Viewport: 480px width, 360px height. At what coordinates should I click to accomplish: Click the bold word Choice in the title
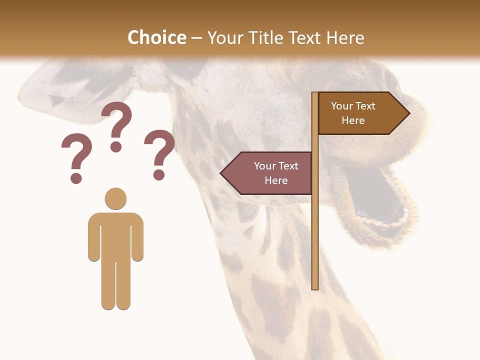point(156,37)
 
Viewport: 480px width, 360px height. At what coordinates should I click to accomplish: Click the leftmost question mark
point(76,157)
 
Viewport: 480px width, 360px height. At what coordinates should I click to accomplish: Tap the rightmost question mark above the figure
point(159,153)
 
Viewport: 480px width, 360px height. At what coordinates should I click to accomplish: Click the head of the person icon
point(115,198)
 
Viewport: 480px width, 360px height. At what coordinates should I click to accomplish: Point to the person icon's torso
point(115,235)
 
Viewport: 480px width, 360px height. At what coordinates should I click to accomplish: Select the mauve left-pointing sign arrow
point(270,173)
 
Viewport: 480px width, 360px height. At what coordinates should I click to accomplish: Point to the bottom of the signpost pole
point(315,286)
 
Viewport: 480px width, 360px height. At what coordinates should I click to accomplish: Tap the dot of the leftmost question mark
point(76,178)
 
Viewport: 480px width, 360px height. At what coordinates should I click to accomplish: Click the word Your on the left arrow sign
point(265,166)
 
